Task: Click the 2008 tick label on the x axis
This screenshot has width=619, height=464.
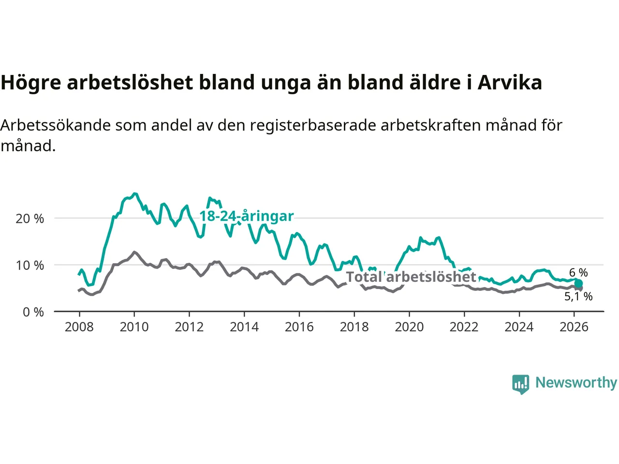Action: coord(79,327)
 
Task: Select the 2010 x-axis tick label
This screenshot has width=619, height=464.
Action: coord(134,327)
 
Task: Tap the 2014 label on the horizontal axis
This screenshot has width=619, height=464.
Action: coord(244,327)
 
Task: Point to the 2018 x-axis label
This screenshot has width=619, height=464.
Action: coord(354,327)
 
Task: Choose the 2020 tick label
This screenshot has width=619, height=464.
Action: coord(409,327)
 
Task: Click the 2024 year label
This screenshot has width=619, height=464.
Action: coord(519,327)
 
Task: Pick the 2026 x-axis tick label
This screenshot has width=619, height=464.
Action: coord(574,327)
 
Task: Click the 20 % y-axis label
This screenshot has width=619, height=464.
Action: coord(30,218)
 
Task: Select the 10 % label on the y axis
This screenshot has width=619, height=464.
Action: coord(30,265)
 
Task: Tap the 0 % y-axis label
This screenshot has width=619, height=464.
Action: coord(33,312)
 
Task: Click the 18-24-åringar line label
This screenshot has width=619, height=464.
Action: coord(247,216)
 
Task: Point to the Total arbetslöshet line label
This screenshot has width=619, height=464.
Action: coord(412,277)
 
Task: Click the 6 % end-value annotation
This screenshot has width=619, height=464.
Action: coord(578,273)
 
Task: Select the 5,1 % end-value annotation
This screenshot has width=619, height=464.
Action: coord(578,296)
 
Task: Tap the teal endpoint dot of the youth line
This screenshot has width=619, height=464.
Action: coord(578,284)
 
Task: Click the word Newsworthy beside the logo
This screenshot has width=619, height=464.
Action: coord(576,382)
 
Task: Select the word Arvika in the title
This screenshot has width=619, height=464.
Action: coord(510,83)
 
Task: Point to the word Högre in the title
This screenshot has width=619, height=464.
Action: coord(31,83)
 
